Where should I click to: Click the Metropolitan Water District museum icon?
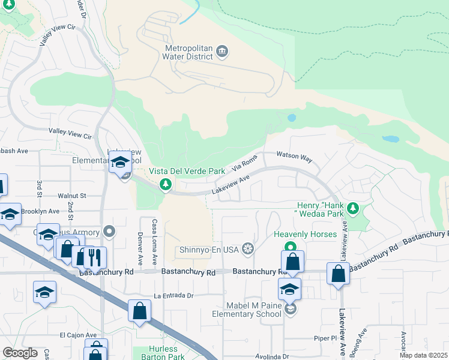coord(222,50)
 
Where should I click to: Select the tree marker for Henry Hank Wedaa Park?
coord(354,208)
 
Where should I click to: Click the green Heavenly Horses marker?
coord(290,247)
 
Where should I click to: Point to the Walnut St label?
coord(72,196)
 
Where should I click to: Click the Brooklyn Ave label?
coord(40,211)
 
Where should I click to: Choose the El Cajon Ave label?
coord(78,335)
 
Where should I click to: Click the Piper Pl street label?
coord(325,338)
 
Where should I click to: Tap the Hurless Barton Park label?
coord(163,353)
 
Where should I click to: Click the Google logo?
coord(20,353)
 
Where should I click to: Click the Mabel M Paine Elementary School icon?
coord(290,308)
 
